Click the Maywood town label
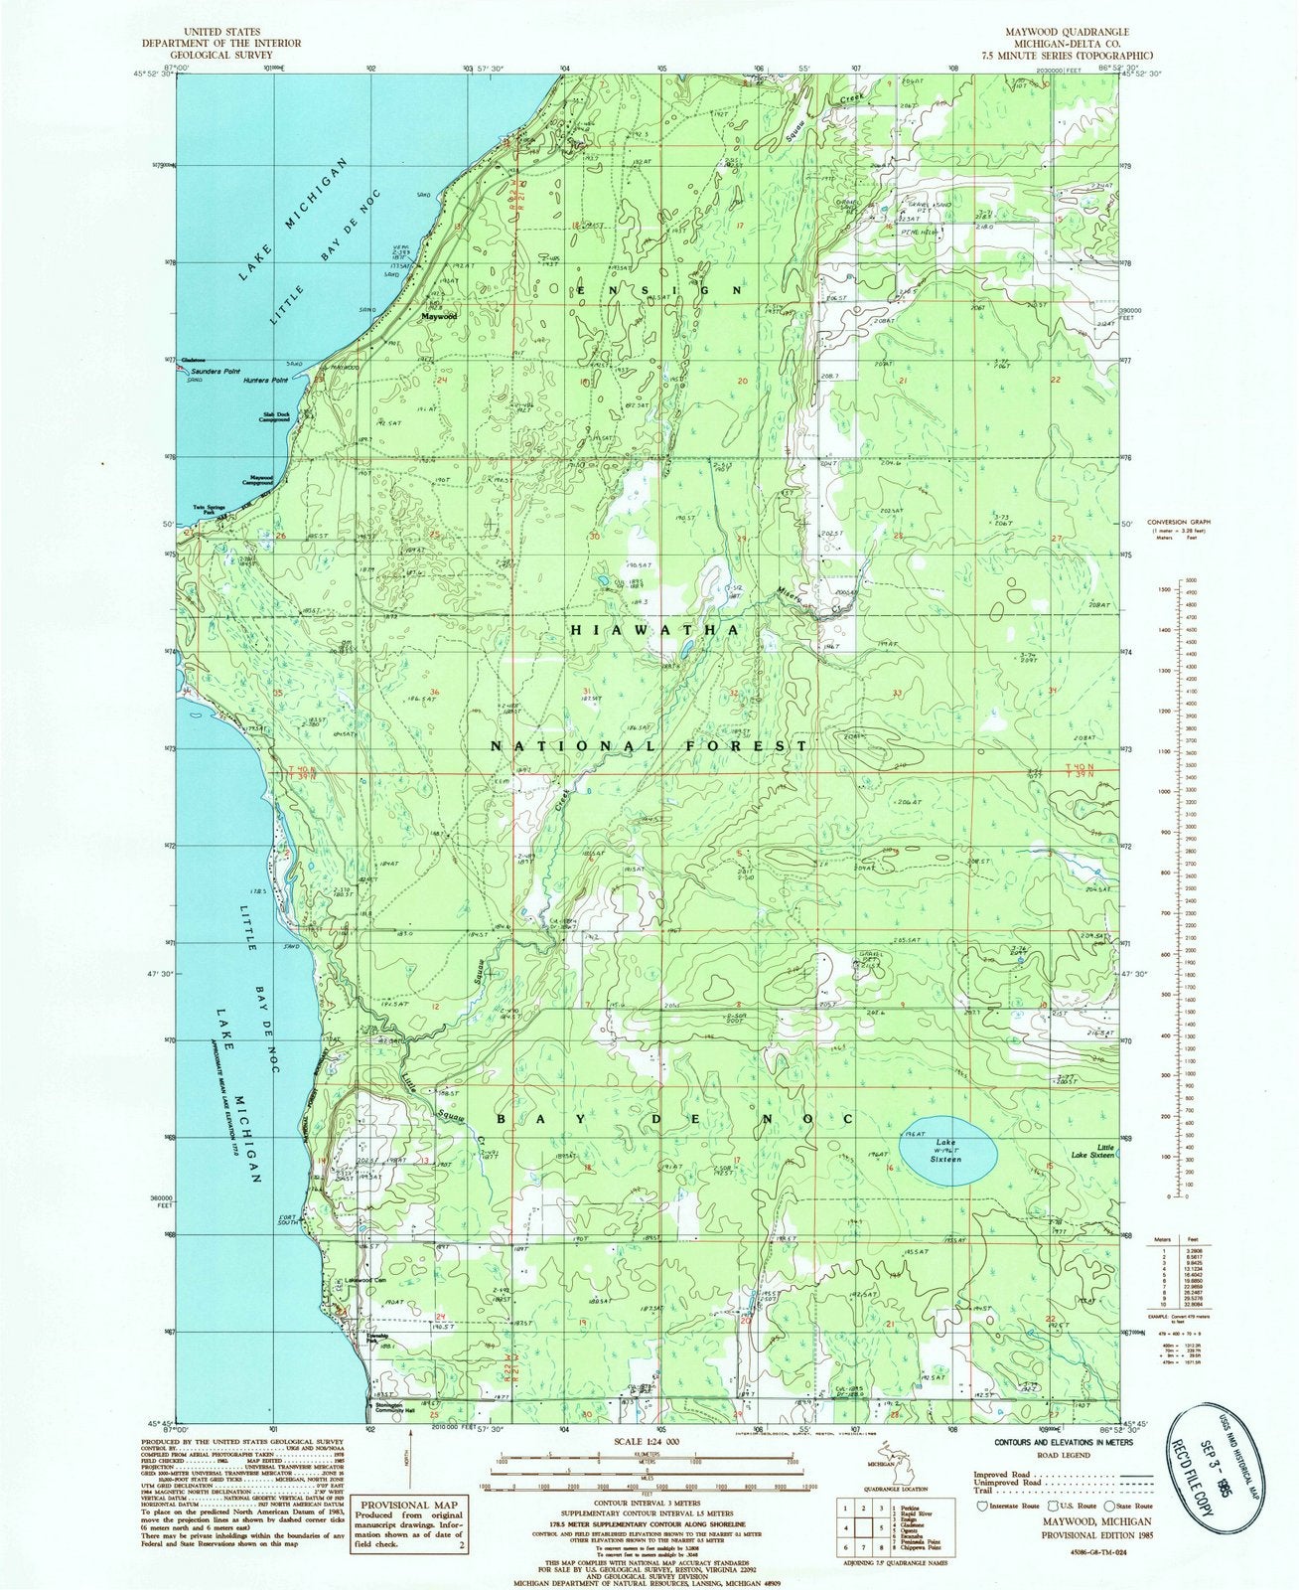(x=438, y=316)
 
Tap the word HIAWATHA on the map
(x=652, y=631)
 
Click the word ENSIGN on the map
(x=656, y=290)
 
